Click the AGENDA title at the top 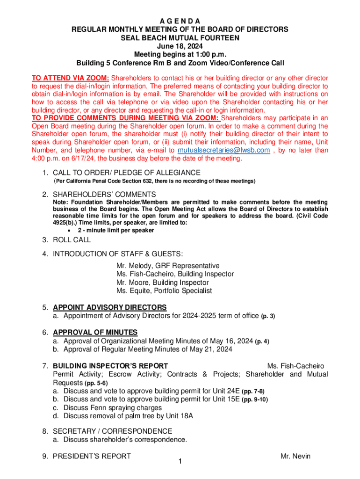point(180,21)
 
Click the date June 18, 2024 point(180,46)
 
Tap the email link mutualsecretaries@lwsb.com point(224,150)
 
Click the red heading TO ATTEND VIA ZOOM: point(70,78)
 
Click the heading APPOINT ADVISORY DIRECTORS point(109,307)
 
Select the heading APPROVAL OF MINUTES point(95,333)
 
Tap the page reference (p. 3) point(267,316)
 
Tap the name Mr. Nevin point(295,456)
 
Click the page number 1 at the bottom point(180,462)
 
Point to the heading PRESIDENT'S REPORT point(92,456)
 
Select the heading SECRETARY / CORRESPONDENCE point(112,431)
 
